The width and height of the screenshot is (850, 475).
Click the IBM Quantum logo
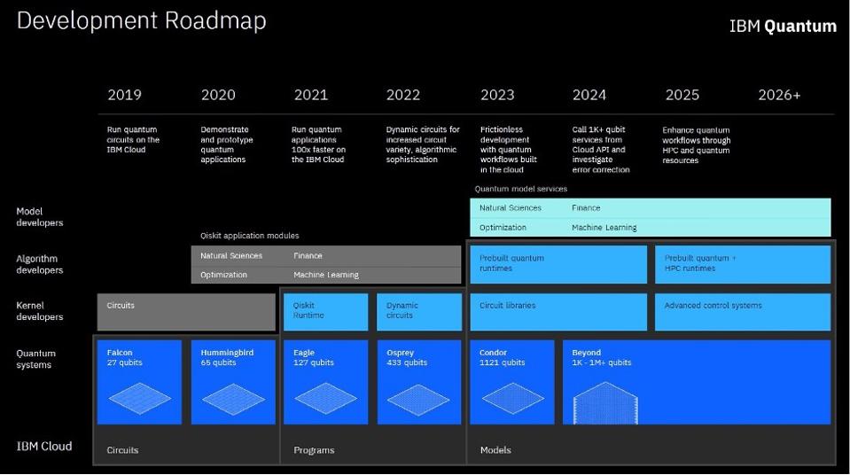(782, 27)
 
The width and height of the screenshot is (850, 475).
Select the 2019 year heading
(124, 95)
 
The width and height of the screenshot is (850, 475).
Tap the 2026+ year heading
(778, 95)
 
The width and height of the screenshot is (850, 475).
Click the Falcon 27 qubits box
(138, 382)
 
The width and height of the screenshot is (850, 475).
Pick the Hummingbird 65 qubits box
(232, 382)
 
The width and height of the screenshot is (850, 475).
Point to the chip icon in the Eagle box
(325, 398)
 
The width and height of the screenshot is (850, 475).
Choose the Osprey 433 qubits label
(407, 358)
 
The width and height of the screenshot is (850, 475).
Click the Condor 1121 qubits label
(502, 358)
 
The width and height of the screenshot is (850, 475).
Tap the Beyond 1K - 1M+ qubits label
(601, 358)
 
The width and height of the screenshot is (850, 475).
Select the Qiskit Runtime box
(325, 312)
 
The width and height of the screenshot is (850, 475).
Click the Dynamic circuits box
(419, 312)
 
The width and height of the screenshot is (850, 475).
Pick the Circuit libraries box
(558, 312)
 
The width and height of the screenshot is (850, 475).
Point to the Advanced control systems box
(743, 312)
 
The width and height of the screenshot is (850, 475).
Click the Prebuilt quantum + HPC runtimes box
(743, 264)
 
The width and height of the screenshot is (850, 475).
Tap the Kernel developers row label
(40, 311)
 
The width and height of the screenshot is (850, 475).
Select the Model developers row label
(40, 217)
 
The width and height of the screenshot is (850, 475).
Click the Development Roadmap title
(141, 20)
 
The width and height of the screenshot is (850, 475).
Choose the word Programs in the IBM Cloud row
(314, 450)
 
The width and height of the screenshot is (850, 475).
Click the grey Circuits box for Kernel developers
(185, 312)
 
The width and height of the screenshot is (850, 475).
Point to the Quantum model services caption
(520, 189)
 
